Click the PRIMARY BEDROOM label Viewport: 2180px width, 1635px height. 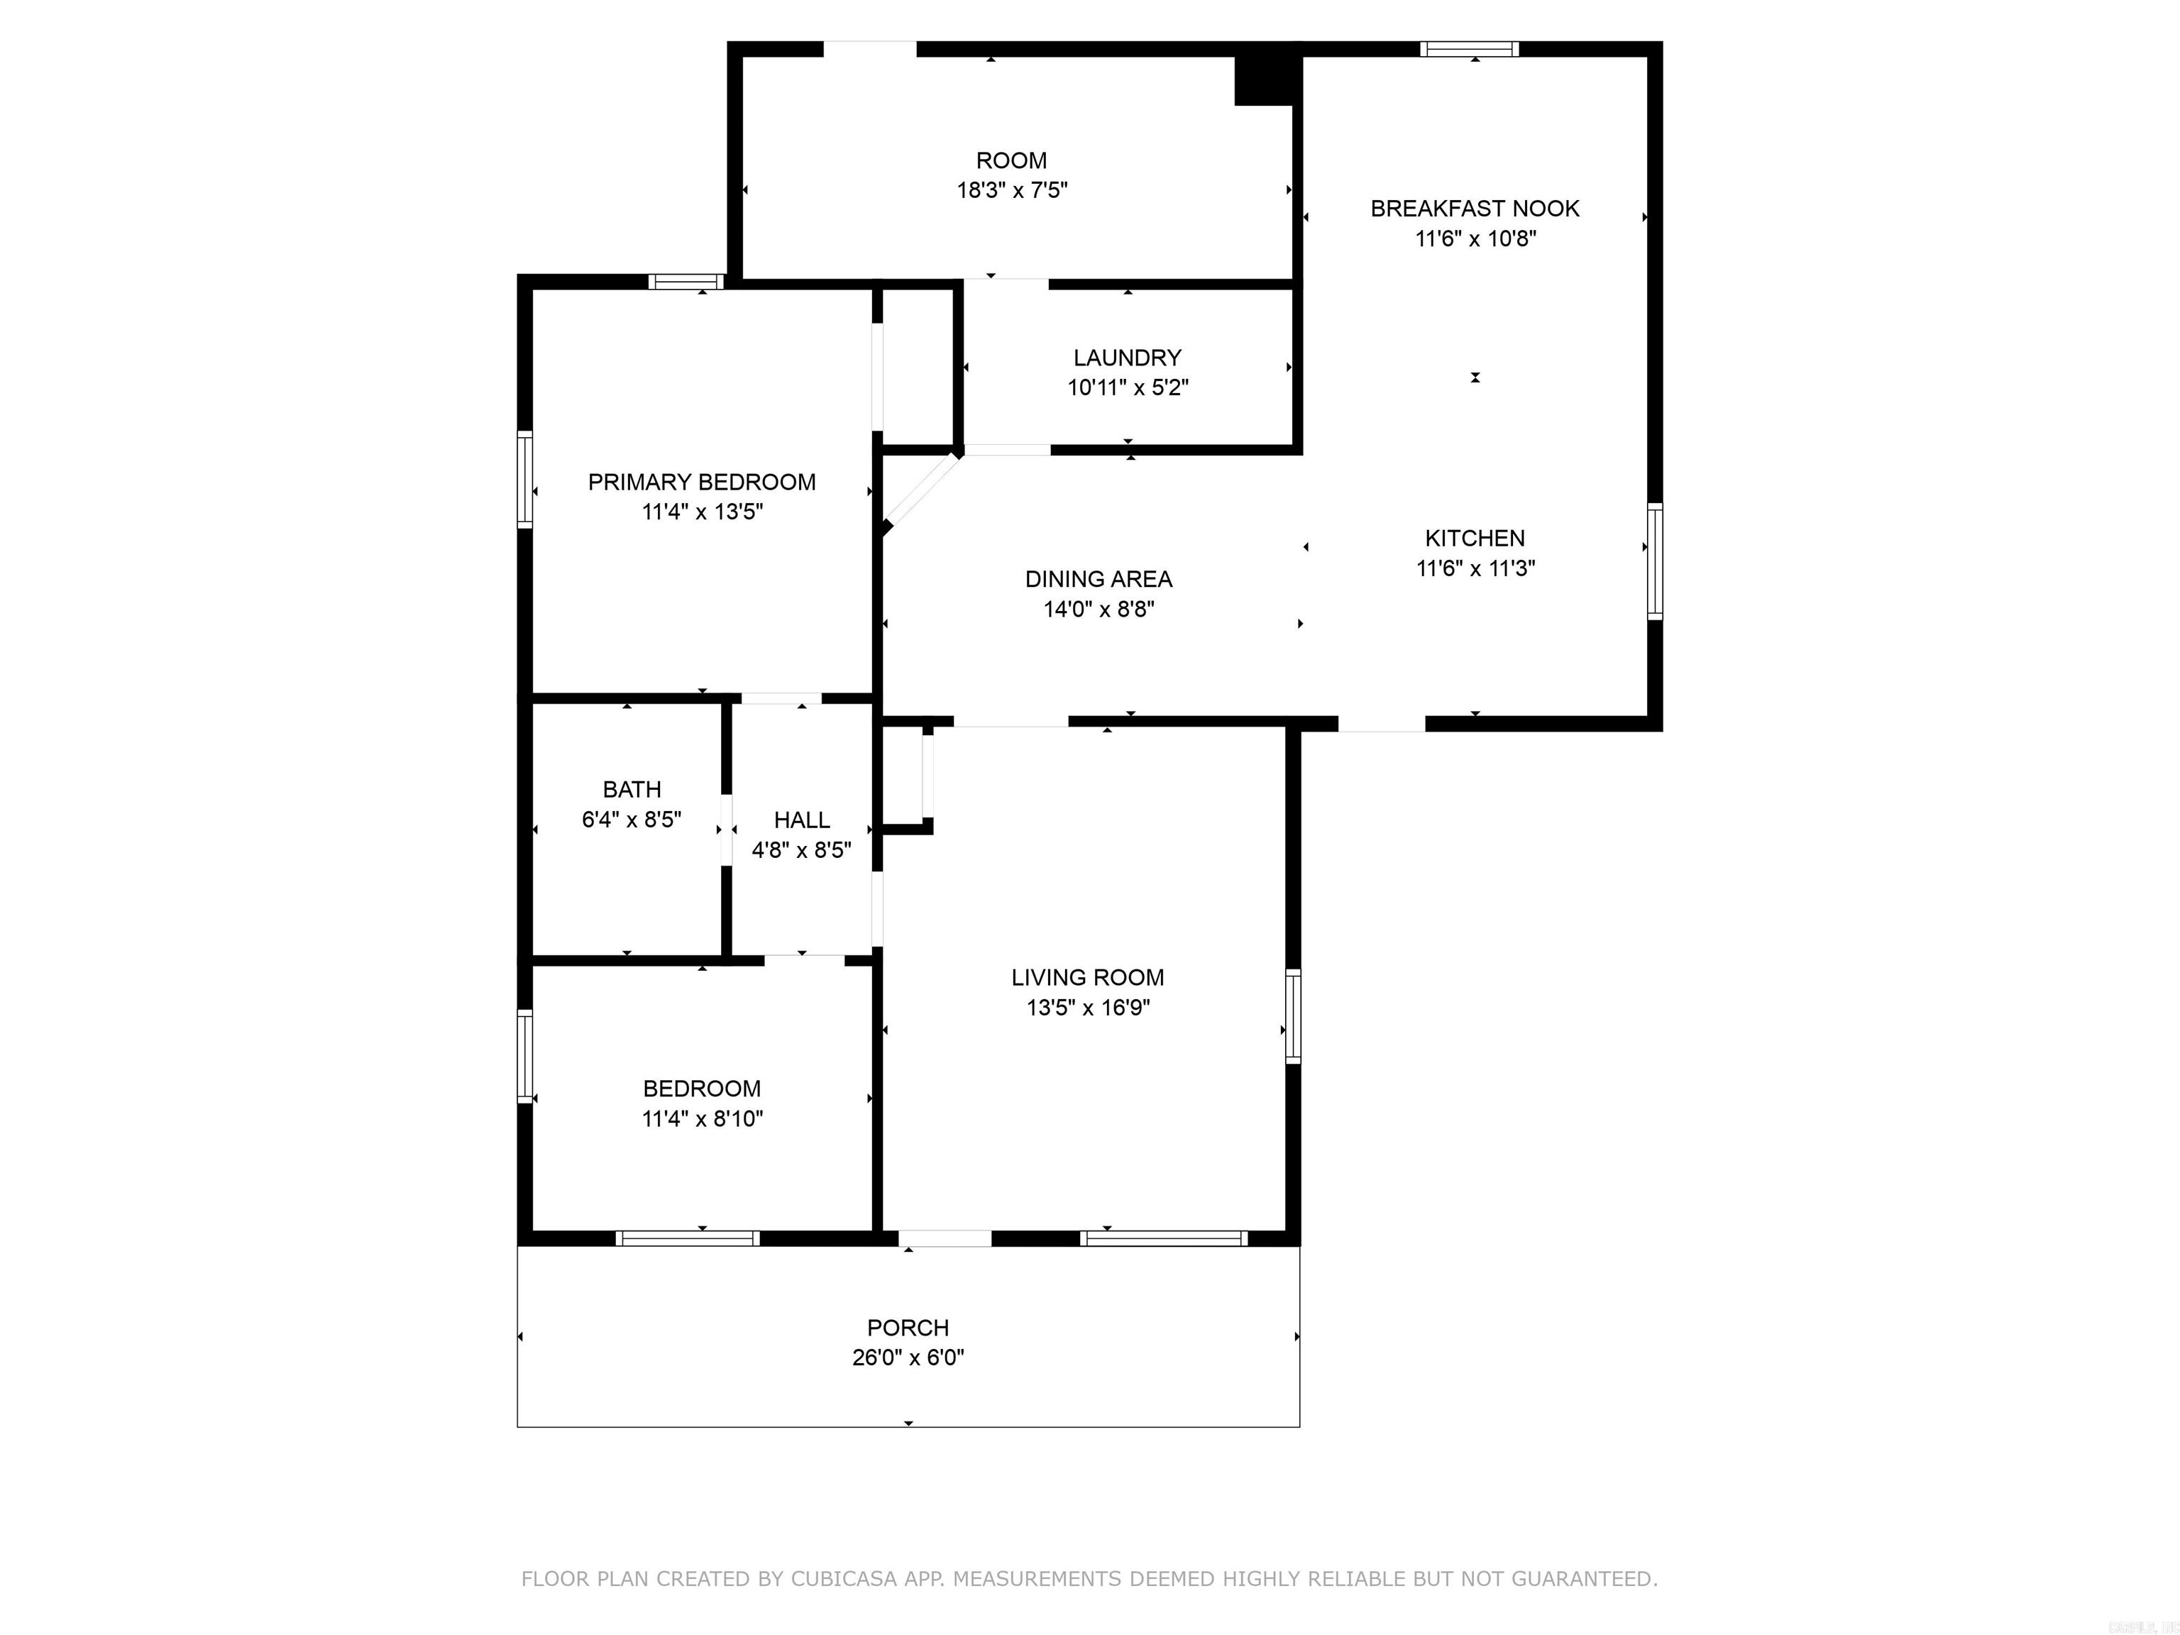point(702,482)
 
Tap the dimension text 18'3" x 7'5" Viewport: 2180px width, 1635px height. point(1011,190)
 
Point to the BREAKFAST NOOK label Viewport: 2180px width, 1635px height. point(1475,209)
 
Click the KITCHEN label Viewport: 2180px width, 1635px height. point(1475,538)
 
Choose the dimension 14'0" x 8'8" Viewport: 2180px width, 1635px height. point(1098,609)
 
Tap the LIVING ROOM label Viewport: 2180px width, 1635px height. point(1087,978)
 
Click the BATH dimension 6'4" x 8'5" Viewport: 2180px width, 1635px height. point(631,820)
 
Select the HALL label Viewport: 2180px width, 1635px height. point(801,820)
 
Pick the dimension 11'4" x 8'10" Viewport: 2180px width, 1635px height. point(702,1118)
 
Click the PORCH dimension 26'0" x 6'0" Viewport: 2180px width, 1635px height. point(908,1358)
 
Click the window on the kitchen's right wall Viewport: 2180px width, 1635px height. point(1655,562)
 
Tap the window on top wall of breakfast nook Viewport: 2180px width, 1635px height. point(1468,49)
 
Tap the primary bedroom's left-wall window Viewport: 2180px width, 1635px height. point(525,479)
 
